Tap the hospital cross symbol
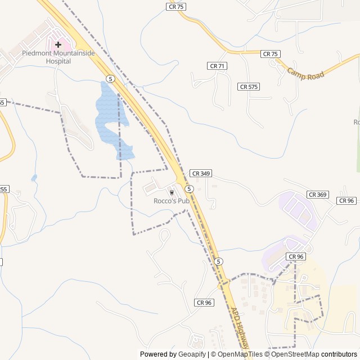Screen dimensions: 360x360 coord(58,44)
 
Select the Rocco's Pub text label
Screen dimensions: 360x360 coord(171,201)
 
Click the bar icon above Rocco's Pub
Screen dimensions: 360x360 coord(172,192)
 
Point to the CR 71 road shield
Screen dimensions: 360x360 coord(217,66)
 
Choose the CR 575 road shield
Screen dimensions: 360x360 coord(249,87)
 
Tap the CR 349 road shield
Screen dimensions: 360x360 coord(200,173)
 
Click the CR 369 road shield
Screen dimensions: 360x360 coord(317,194)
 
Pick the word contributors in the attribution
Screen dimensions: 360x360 coord(339,354)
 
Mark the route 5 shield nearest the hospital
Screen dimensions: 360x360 coord(111,79)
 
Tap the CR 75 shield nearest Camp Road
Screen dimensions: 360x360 coord(270,53)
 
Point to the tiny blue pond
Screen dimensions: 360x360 coord(34,178)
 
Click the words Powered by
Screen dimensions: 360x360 coord(157,354)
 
